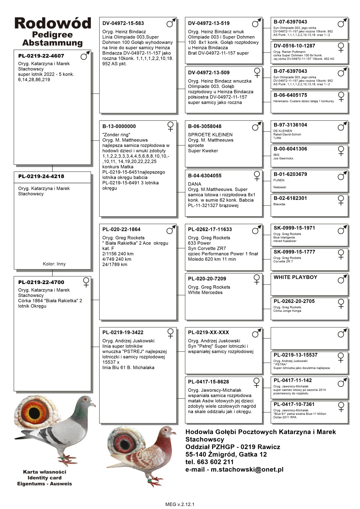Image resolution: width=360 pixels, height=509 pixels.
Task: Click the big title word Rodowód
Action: tap(52, 23)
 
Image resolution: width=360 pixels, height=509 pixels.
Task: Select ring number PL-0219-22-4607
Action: tap(41, 56)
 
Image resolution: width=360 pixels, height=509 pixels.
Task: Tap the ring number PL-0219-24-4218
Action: tap(41, 176)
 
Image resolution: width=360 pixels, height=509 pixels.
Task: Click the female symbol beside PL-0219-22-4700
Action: tap(86, 282)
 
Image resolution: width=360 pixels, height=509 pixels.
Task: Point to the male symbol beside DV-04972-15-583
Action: tap(171, 23)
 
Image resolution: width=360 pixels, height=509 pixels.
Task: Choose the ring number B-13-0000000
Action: tap(119, 126)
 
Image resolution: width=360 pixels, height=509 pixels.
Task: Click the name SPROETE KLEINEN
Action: tap(210, 135)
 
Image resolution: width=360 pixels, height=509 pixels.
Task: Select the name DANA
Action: tap(194, 184)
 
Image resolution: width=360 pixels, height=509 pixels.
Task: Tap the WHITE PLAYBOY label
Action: tap(295, 277)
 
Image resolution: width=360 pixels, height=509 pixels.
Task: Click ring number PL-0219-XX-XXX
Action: tap(208, 332)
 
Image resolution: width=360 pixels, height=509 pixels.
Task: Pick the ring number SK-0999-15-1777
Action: tap(294, 252)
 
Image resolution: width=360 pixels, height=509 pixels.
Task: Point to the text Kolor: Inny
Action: tap(54, 264)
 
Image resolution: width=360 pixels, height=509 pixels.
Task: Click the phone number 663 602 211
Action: tap(215, 462)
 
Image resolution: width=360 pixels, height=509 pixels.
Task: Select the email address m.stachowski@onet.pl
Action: tap(247, 469)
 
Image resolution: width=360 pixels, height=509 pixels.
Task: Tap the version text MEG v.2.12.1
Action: tap(180, 504)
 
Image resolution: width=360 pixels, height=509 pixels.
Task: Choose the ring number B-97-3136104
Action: tap(290, 125)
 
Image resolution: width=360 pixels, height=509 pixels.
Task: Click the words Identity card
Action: tap(44, 478)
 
